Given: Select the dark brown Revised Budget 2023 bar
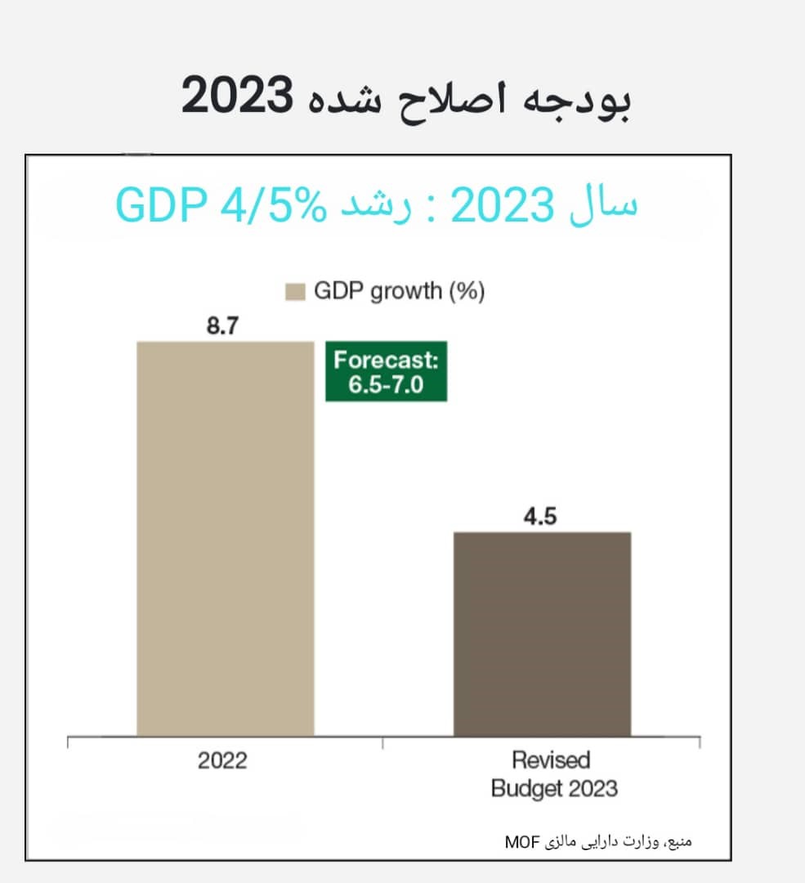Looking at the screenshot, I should point(542,634).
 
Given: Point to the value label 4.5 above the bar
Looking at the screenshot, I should point(540,518).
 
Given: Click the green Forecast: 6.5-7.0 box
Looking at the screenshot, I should point(386,371).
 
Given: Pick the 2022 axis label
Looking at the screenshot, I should point(222,761).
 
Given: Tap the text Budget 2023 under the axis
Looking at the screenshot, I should point(553,789).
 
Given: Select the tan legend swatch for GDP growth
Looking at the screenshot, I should point(295,292).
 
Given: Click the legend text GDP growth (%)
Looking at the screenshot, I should point(400,292).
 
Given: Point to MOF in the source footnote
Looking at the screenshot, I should point(517,840).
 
